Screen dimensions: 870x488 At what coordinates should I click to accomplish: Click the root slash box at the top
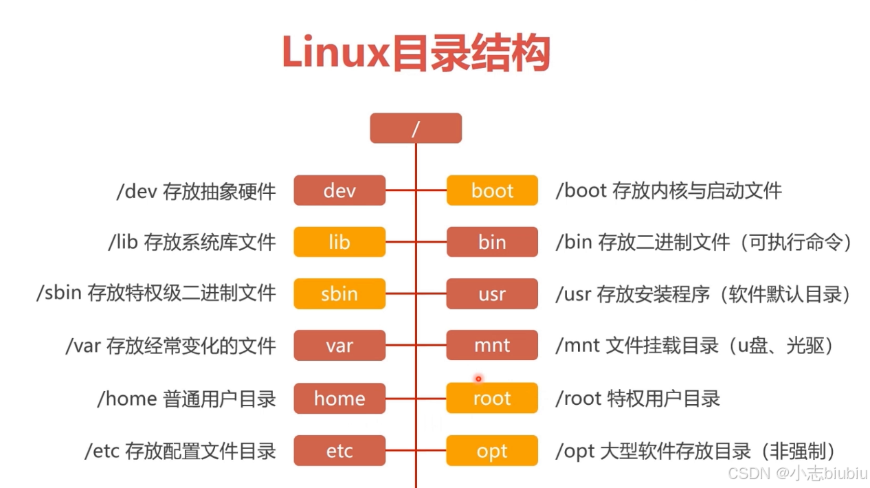pos(416,129)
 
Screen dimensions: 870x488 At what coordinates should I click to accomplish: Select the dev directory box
pos(339,190)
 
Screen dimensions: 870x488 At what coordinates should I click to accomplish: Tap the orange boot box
pos(492,190)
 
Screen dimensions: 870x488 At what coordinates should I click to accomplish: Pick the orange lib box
pos(339,242)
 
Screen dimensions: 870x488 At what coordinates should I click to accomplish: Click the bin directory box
pos(492,242)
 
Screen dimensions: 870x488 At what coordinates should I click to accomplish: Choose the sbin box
pos(339,293)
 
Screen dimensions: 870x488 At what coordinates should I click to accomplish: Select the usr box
pos(492,293)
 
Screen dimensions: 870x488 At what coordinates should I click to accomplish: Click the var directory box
pos(339,346)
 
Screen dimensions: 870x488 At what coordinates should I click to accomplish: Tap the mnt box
pos(492,346)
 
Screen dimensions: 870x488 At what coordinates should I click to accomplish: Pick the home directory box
pos(339,399)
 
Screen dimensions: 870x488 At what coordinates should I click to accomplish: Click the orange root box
pos(492,398)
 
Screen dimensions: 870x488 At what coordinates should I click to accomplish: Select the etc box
pos(339,451)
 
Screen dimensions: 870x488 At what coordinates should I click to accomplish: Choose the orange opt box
pos(492,451)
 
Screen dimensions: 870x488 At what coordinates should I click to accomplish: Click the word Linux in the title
pos(336,52)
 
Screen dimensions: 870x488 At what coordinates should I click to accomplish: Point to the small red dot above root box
pos(478,379)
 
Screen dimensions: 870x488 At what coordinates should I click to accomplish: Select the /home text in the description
pos(127,399)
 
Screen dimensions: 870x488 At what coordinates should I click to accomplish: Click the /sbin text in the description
pos(59,293)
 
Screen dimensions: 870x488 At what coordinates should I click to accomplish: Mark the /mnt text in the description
pos(578,346)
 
